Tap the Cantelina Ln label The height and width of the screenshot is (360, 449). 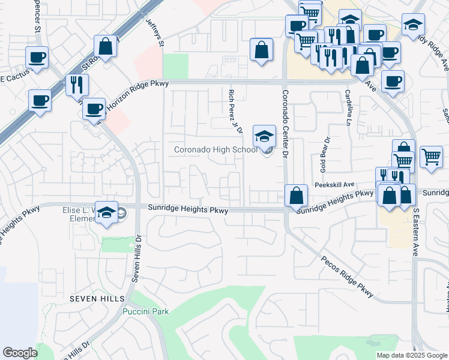(x=348, y=108)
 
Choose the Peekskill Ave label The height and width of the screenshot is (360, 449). (x=333, y=185)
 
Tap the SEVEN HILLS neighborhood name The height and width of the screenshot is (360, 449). (x=97, y=298)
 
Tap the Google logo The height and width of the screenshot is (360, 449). (x=20, y=353)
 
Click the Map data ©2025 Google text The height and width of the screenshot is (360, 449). (x=411, y=355)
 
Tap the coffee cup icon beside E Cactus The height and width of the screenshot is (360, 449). (x=37, y=59)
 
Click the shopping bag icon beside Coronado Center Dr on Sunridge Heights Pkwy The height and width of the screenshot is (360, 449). (x=297, y=195)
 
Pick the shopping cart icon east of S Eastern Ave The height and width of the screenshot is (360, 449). (x=431, y=157)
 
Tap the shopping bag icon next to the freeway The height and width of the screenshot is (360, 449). (x=106, y=46)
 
